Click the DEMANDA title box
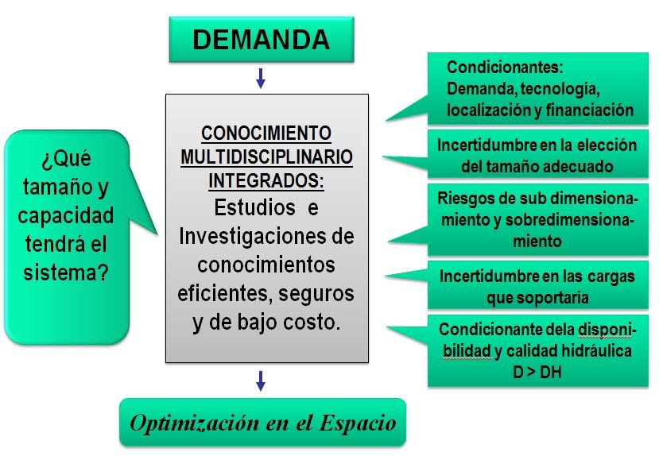pyautogui.click(x=261, y=39)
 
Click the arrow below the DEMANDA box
pyautogui.click(x=261, y=78)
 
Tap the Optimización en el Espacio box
pyautogui.click(x=262, y=422)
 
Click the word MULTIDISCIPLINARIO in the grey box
pyautogui.click(x=267, y=156)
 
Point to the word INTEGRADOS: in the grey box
pyautogui.click(x=267, y=180)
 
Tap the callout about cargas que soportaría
pyautogui.click(x=537, y=286)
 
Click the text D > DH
pyautogui.click(x=537, y=370)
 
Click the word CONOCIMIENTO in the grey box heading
pyautogui.click(x=267, y=133)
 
